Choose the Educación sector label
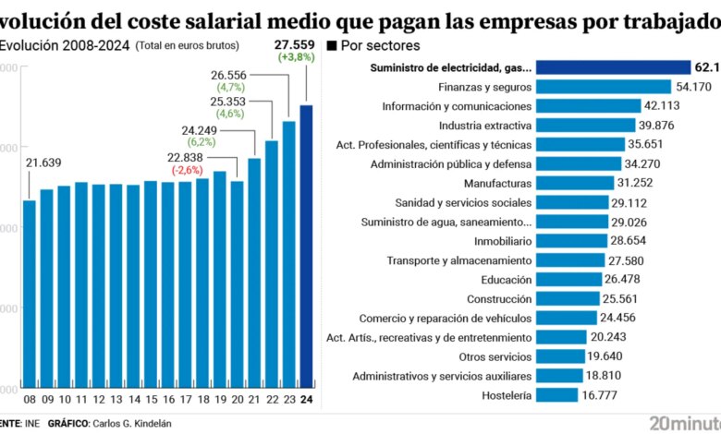click(507, 279)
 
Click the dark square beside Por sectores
click(333, 45)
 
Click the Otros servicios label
click(495, 356)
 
